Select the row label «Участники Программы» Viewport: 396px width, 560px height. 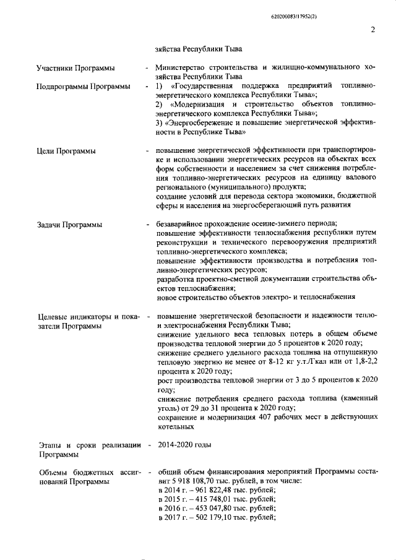(x=75, y=67)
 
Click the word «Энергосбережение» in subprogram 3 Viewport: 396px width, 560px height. (x=205, y=123)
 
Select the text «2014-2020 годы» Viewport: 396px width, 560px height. (x=184, y=444)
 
